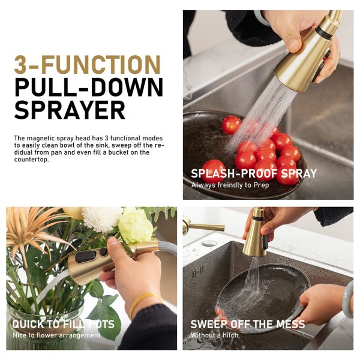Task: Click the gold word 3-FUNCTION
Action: pyautogui.click(x=87, y=65)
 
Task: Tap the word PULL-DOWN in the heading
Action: pyautogui.click(x=89, y=88)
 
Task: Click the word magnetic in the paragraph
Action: pyautogui.click(x=41, y=138)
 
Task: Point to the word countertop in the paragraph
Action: pyautogui.click(x=31, y=160)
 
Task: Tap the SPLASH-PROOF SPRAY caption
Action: pyautogui.click(x=254, y=173)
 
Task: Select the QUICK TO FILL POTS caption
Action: pyautogui.click(x=63, y=324)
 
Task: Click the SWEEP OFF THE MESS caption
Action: pyautogui.click(x=248, y=324)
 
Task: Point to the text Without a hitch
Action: pyautogui.click(x=214, y=335)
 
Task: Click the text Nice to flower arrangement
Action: pyautogui.click(x=56, y=335)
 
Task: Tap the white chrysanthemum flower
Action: pyautogui.click(x=102, y=218)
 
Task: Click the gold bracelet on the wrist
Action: pyautogui.click(x=143, y=301)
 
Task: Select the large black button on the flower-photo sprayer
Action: pyautogui.click(x=85, y=257)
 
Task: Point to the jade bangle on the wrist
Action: pyautogui.click(x=348, y=299)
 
